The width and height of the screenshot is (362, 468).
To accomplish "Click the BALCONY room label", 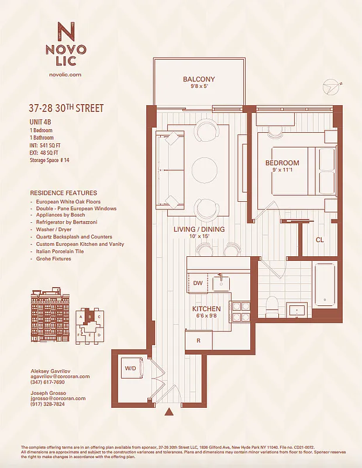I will pos(199,80).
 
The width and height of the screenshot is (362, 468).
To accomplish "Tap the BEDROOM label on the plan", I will pos(282,163).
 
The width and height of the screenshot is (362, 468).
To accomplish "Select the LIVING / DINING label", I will pos(199,229).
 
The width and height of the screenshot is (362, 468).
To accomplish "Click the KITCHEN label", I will pos(206,308).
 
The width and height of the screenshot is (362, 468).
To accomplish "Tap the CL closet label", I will pos(319,240).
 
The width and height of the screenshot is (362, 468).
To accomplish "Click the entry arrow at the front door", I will pos(169,412).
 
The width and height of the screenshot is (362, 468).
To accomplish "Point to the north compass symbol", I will pos(333,87).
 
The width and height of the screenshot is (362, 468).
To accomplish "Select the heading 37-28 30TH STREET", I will pos(65,108).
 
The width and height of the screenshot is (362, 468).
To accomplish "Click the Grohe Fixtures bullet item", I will pos(53,259).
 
